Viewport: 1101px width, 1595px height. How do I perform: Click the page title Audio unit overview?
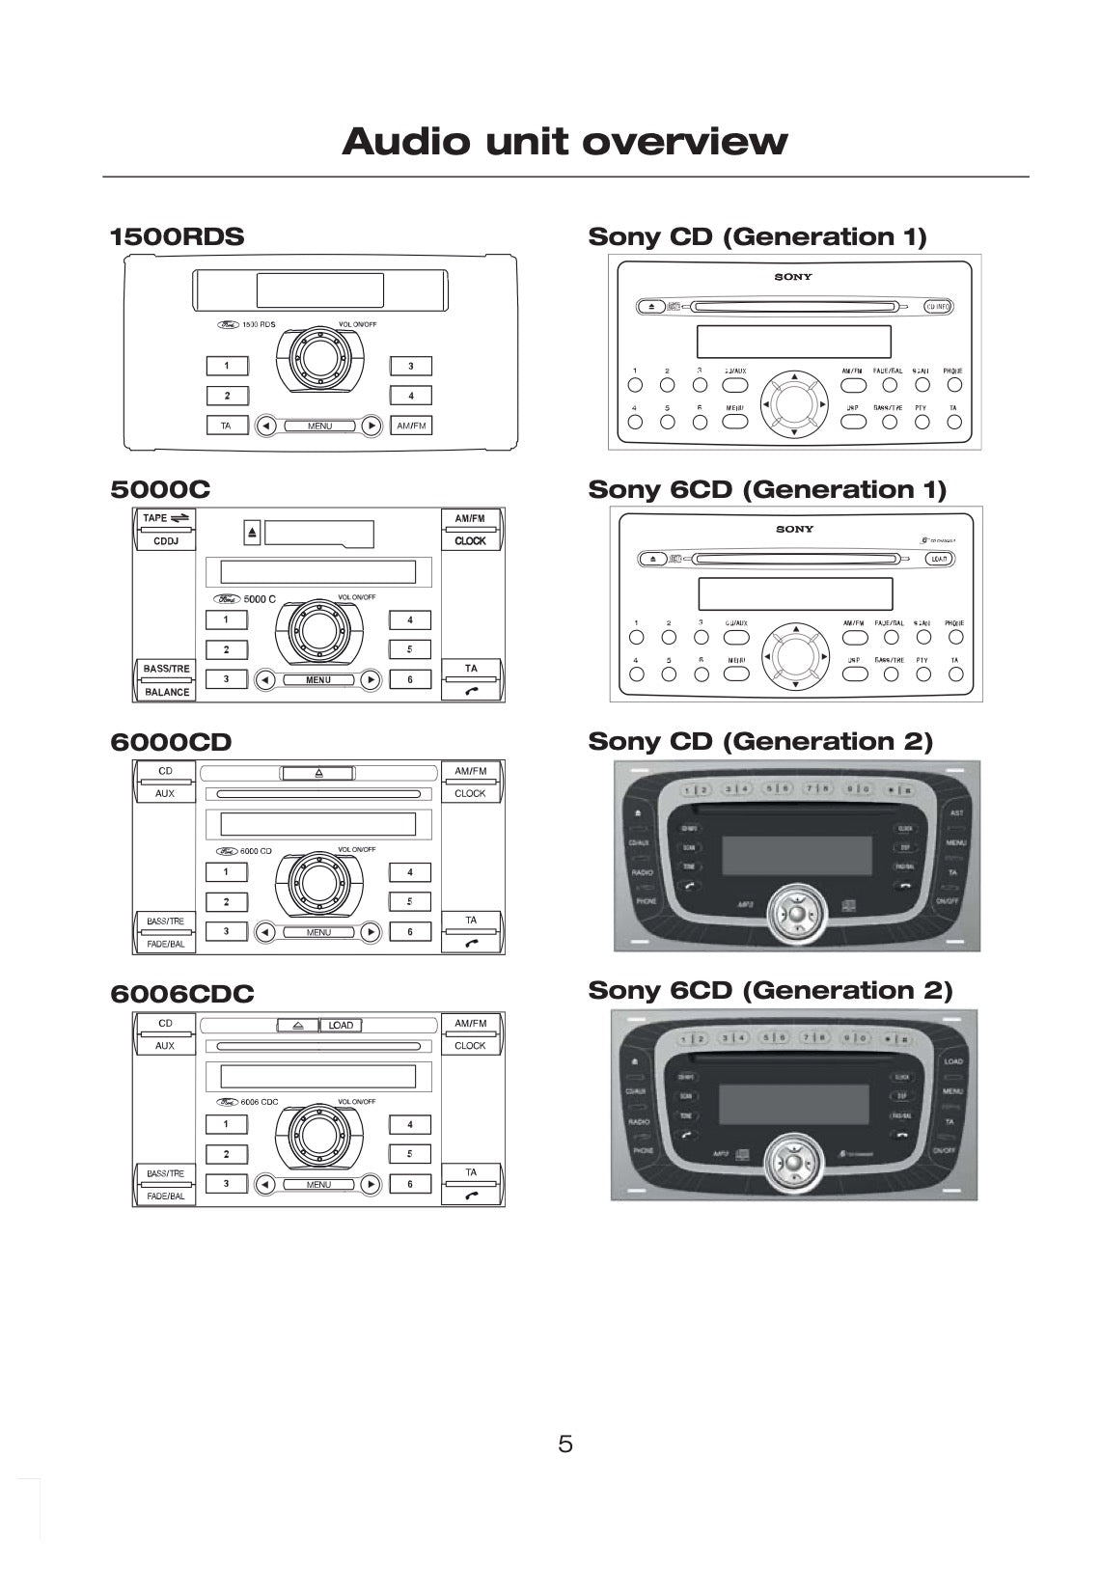[x=564, y=142]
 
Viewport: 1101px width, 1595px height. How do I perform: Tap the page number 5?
[x=565, y=1444]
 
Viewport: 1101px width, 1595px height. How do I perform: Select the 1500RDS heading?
[x=177, y=236]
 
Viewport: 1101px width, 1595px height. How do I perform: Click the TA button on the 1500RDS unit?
[x=226, y=426]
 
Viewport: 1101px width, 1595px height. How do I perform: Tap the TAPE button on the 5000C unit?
[x=166, y=518]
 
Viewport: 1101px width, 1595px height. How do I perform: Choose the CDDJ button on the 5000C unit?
[x=166, y=541]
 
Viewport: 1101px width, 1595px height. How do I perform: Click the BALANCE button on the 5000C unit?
[x=167, y=692]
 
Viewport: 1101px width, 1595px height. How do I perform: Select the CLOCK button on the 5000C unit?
[x=470, y=541]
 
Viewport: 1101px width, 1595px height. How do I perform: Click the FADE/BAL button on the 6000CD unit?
[x=166, y=945]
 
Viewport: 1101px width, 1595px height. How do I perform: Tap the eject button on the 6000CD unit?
[x=318, y=773]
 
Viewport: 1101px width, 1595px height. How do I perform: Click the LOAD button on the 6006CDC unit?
[x=341, y=1025]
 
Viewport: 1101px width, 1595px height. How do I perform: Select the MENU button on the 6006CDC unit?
[x=318, y=1184]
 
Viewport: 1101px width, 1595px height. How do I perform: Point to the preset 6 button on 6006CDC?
[x=410, y=1184]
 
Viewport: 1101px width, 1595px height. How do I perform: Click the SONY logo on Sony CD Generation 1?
[x=793, y=277]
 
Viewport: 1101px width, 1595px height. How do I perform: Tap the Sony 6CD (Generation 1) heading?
[x=767, y=489]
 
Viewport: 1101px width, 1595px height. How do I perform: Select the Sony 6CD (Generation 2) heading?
[x=770, y=990]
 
